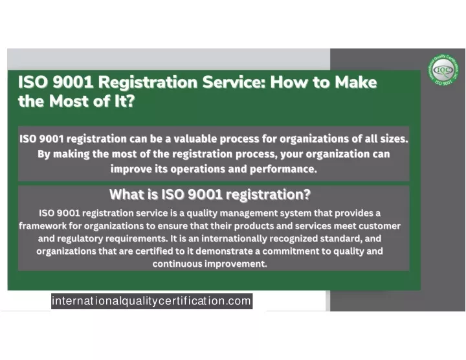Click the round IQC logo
tap(443, 70)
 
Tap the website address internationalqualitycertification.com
tap(151, 301)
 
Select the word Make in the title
tap(356, 82)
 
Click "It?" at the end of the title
tap(125, 101)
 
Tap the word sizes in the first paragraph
tap(394, 139)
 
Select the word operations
tap(198, 169)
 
